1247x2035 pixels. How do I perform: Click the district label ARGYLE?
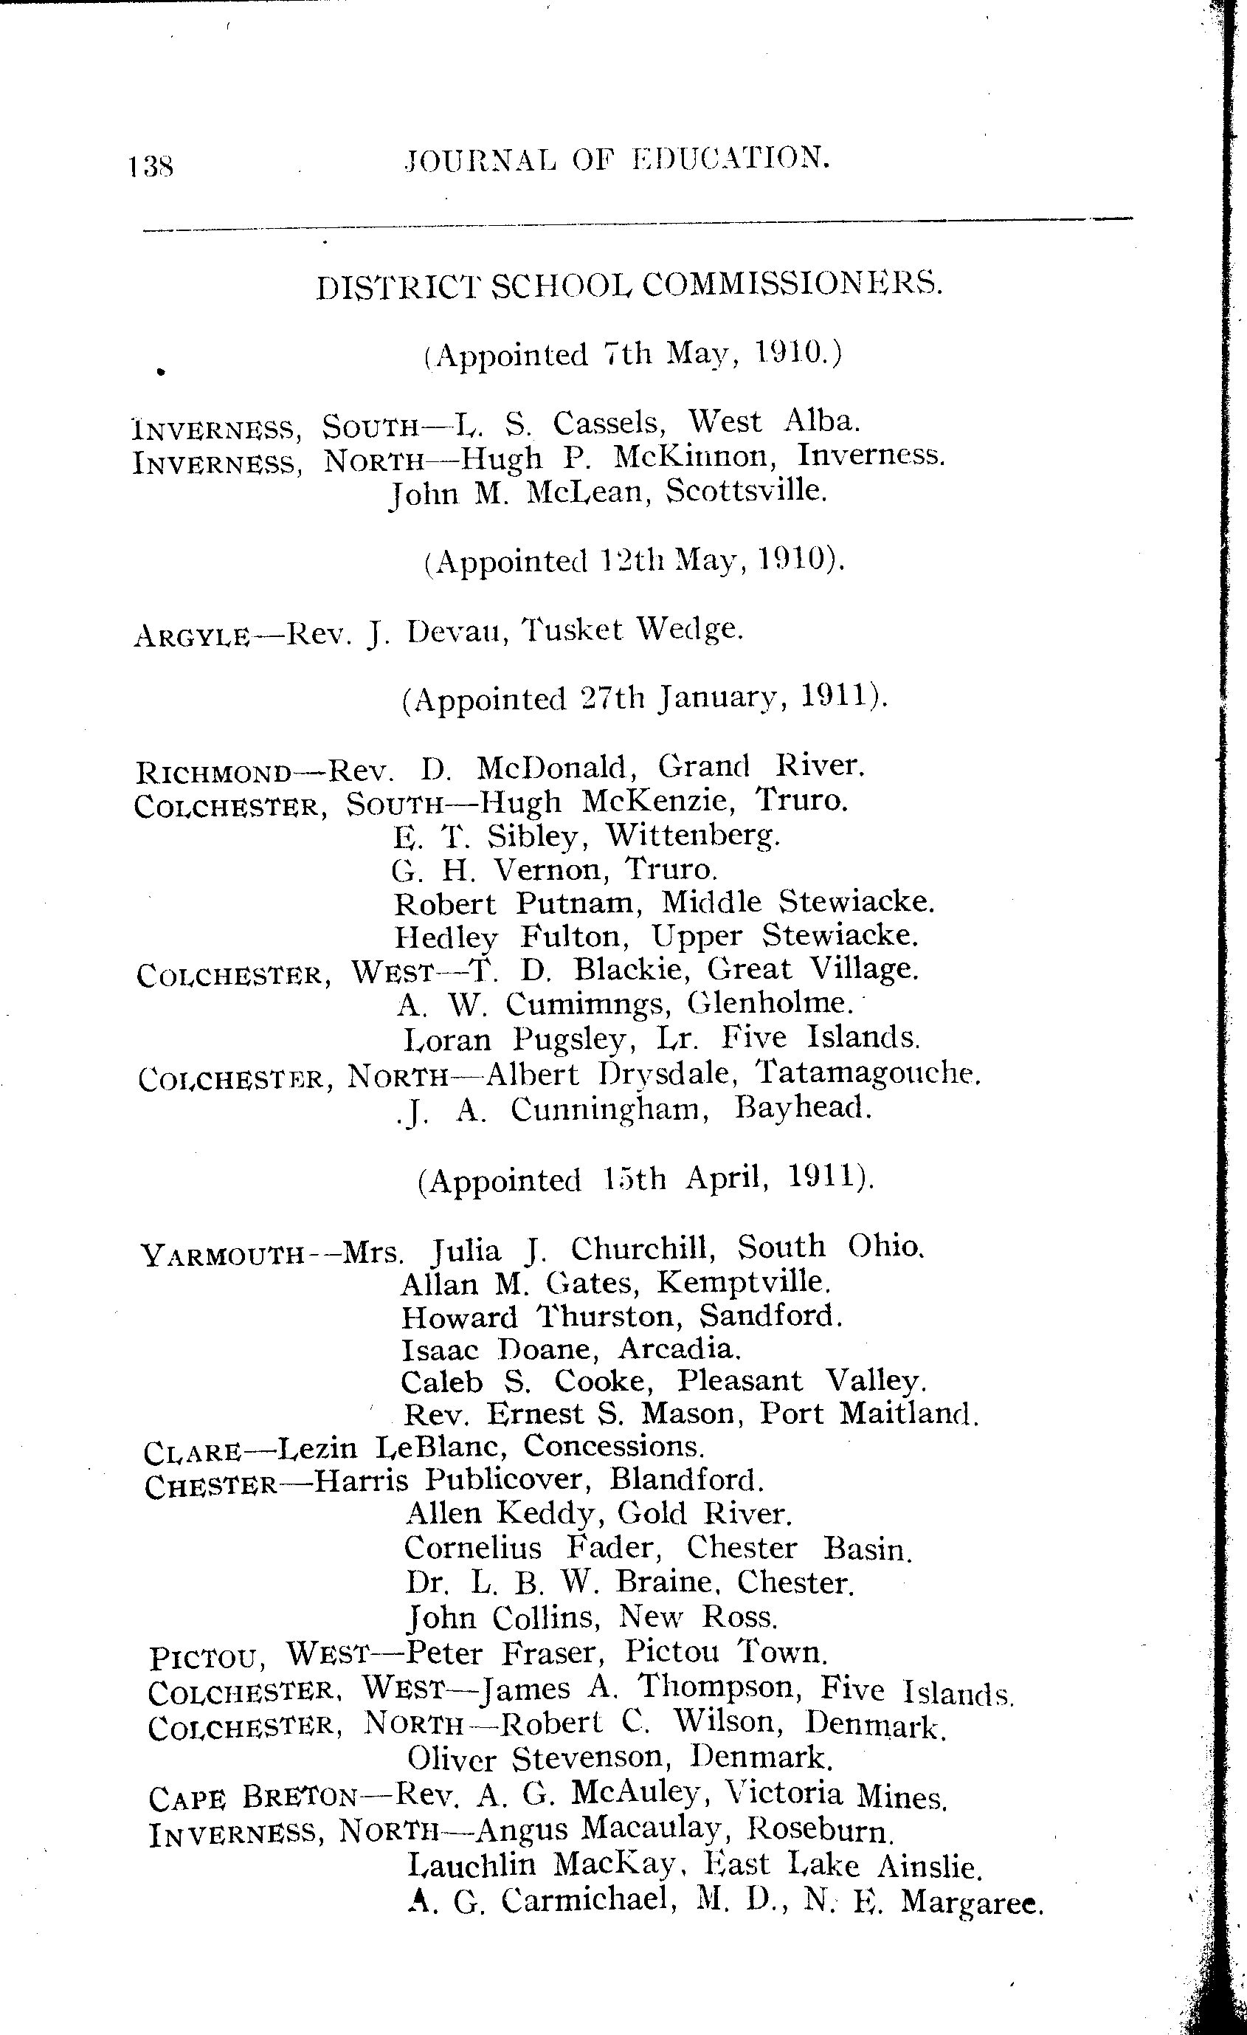(191, 637)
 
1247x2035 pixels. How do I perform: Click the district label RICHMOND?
(213, 773)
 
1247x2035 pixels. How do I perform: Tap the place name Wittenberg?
(693, 836)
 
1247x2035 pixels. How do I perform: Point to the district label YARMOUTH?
(222, 1256)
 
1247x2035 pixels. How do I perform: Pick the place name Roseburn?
(820, 1831)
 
